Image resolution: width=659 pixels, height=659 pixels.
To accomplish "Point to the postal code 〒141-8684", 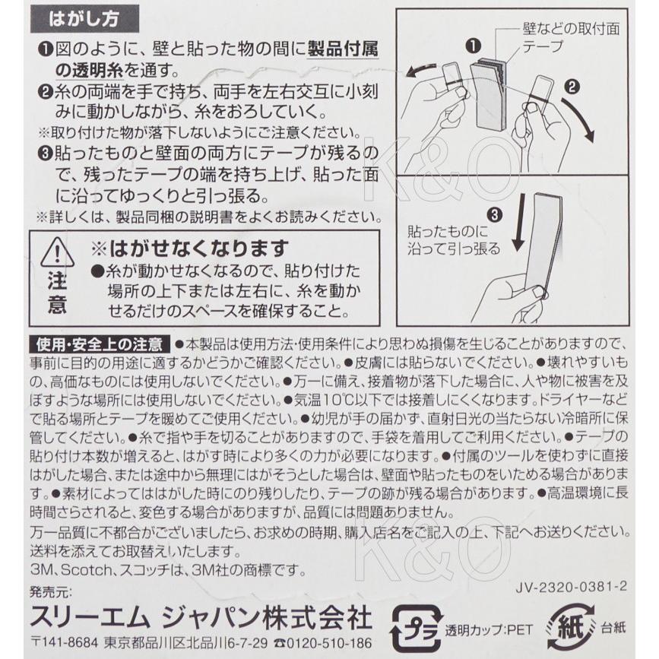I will coord(64,643).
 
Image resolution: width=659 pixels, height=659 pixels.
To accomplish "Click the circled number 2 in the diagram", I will coord(570,87).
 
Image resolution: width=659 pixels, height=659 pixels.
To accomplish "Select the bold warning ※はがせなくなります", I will coord(190,248).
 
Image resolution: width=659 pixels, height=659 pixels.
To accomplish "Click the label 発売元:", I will coord(52,591).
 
